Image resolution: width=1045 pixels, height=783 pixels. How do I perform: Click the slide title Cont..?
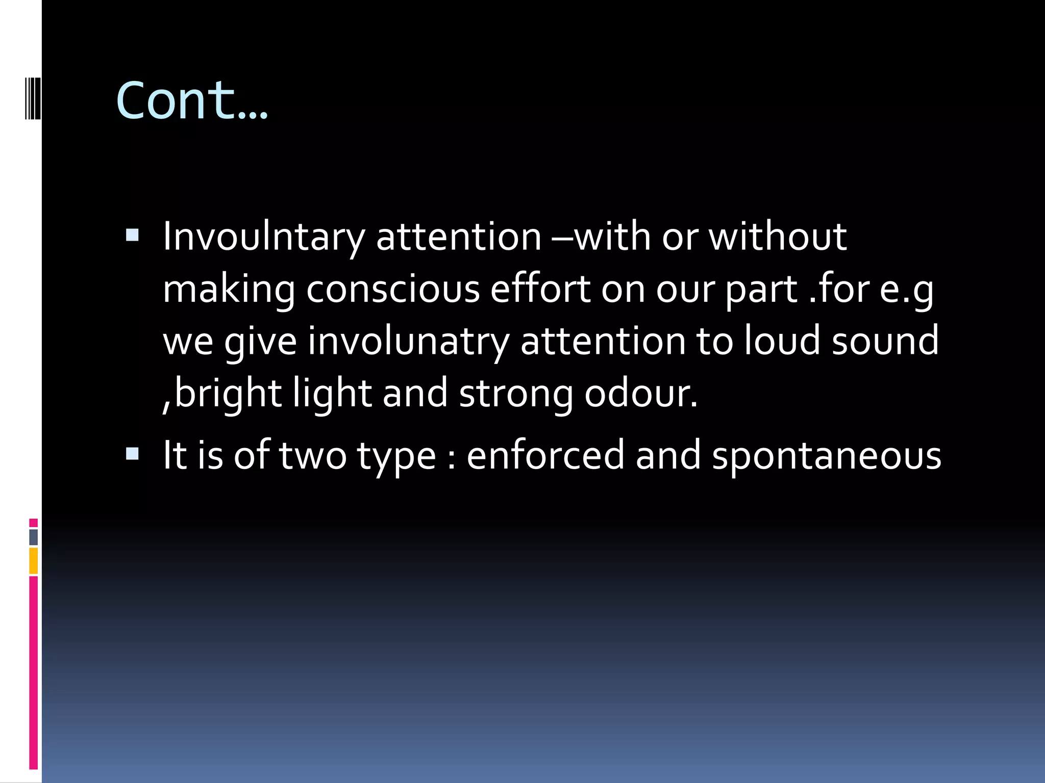click(191, 100)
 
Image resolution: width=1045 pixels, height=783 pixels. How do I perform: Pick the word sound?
click(885, 342)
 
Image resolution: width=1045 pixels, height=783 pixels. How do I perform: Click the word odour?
click(640, 394)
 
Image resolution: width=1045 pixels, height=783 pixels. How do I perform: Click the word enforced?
click(545, 455)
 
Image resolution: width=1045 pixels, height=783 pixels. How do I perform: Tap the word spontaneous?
click(826, 455)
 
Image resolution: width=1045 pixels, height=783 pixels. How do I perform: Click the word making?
click(229, 289)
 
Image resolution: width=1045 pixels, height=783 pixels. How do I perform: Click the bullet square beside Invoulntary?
click(132, 235)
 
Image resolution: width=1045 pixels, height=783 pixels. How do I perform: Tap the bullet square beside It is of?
click(132, 454)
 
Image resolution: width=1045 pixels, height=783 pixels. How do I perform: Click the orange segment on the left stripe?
click(34, 561)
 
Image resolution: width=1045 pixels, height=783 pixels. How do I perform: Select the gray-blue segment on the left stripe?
click(34, 537)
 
